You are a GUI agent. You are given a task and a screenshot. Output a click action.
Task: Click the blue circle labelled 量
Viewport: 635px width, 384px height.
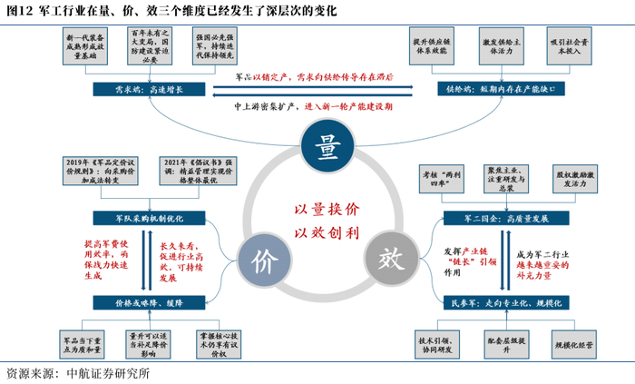(x=317, y=144)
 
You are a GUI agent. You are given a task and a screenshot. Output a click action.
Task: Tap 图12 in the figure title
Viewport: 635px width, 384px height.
(x=20, y=11)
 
